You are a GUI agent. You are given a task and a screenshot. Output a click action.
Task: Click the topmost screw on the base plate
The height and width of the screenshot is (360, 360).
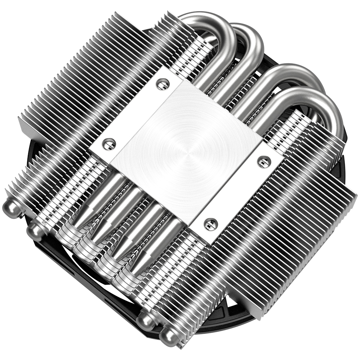(162, 84)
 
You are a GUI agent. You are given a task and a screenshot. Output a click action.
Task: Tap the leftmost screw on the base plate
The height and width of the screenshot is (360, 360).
(109, 143)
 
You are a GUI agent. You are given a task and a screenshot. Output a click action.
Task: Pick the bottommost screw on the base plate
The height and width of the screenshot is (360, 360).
(211, 224)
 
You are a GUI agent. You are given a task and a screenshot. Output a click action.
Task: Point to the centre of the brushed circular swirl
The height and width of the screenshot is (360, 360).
(187, 153)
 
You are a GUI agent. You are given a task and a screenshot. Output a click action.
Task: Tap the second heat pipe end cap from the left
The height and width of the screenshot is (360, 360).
(36, 230)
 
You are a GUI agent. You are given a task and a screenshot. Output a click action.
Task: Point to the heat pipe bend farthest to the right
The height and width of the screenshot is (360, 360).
(330, 109)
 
